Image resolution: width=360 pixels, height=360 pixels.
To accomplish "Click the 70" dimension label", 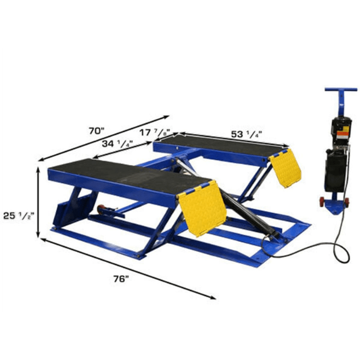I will pos(96,131).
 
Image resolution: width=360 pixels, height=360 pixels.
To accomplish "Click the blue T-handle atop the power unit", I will pos(340,91).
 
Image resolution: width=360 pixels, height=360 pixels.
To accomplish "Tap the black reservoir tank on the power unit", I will pos(334,170).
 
